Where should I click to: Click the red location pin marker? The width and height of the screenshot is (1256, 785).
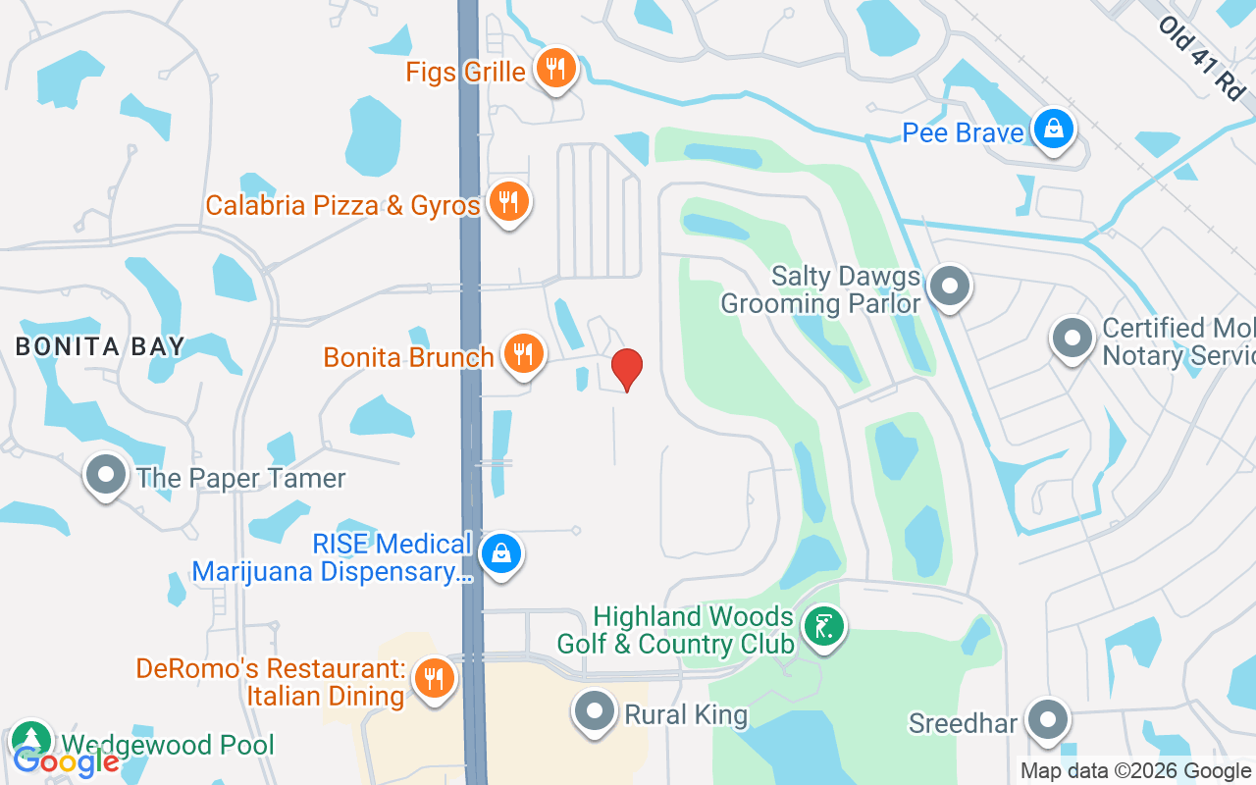[x=626, y=369]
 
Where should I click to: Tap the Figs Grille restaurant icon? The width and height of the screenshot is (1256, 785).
[x=556, y=69]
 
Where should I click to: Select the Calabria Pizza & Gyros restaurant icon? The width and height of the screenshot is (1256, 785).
[x=507, y=202]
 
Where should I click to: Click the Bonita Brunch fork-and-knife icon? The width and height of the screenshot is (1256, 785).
[x=523, y=353]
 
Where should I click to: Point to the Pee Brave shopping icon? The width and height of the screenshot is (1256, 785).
[x=1053, y=130]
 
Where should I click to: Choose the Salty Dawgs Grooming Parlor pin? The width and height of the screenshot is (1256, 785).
[x=949, y=287]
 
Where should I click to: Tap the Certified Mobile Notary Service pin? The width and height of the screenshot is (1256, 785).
[x=1072, y=339]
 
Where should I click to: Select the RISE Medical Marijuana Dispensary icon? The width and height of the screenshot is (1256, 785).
[x=501, y=554]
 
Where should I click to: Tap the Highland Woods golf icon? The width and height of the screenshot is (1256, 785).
[x=823, y=625]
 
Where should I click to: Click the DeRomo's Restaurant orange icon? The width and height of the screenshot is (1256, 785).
[x=433, y=678]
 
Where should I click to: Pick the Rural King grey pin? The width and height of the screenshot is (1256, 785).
[x=595, y=713]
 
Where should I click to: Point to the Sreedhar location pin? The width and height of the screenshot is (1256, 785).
[x=1048, y=720]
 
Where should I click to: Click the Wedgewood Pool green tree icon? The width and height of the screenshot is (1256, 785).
[x=31, y=741]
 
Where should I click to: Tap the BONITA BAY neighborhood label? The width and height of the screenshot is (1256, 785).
[x=100, y=346]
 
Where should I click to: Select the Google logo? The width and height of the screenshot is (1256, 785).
[x=65, y=760]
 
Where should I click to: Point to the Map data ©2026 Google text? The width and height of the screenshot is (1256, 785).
[x=1135, y=771]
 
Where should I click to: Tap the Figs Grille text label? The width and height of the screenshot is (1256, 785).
[x=467, y=72]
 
